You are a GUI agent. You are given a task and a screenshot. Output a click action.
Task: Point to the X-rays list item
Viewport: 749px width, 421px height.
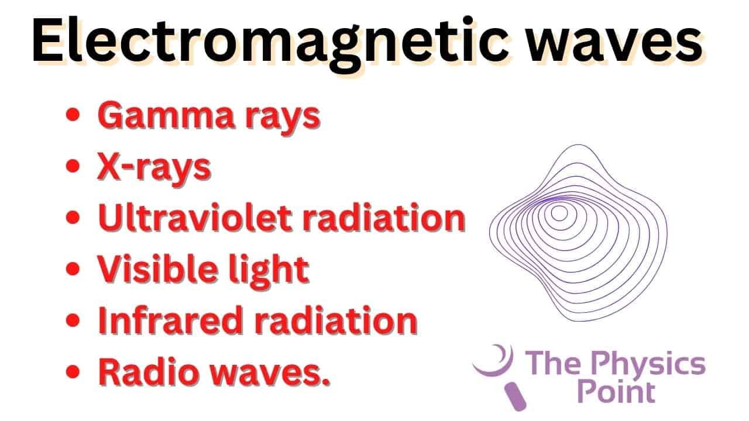153,167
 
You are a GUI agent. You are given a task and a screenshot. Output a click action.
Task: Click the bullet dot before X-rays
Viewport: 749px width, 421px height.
73,167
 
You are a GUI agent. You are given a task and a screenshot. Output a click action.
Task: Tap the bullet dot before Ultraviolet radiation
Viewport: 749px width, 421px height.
73,218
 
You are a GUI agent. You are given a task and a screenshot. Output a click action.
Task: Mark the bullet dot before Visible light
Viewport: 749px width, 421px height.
73,269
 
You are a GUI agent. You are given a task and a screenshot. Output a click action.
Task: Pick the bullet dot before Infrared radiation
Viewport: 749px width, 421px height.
73,320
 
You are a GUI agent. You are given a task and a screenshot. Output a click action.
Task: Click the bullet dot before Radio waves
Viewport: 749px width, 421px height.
73,371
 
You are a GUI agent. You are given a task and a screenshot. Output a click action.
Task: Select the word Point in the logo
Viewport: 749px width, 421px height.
616,392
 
